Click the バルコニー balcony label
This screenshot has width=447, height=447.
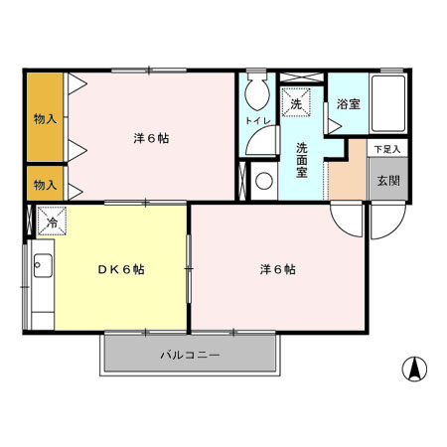tap(189, 355)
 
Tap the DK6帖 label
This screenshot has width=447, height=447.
tap(121, 269)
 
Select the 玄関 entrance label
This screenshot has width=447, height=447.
tap(386, 181)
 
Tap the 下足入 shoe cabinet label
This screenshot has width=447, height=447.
tap(386, 149)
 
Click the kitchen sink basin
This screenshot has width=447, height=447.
tap(43, 266)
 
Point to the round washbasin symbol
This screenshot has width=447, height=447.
tap(264, 182)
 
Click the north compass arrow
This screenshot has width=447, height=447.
tap(414, 370)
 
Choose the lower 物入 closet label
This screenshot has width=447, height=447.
tap(45, 185)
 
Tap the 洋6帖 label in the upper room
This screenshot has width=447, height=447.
tap(151, 138)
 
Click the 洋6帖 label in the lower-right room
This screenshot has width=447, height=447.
tap(277, 269)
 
